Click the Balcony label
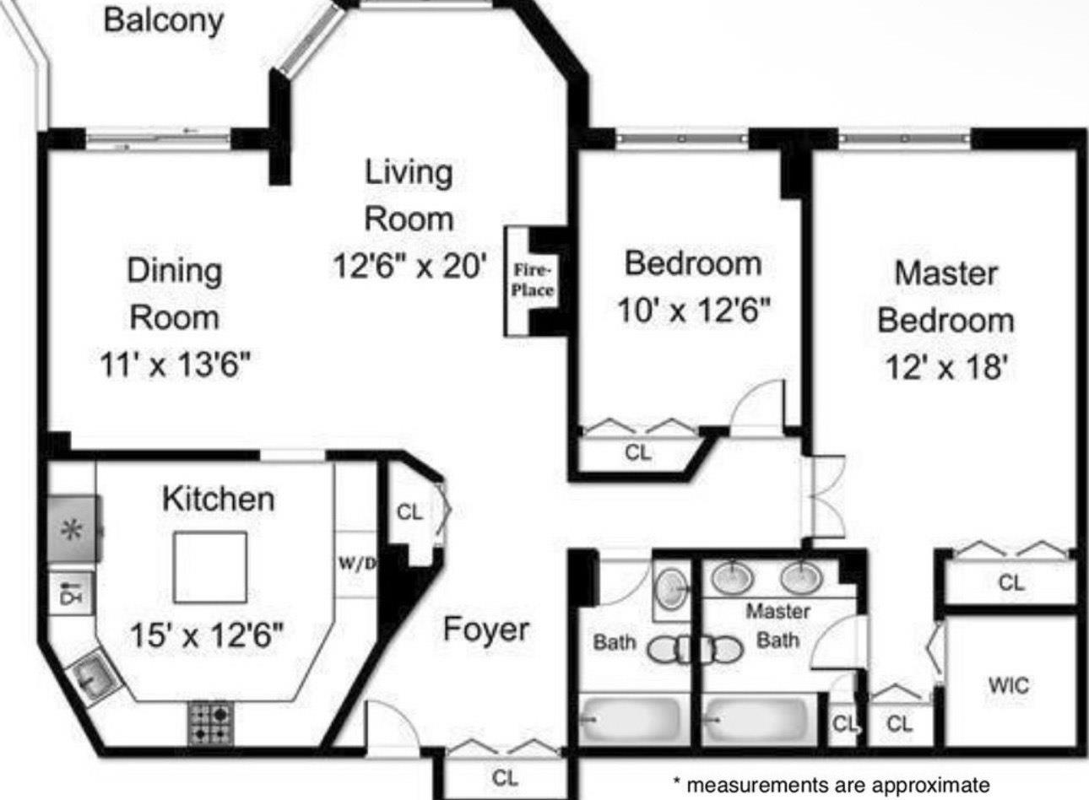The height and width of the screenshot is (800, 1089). tap(163, 19)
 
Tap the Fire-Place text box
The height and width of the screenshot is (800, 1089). tap(533, 280)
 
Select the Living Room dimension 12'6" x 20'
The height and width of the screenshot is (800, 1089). tap(409, 267)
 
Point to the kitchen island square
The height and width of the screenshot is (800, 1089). tap(210, 566)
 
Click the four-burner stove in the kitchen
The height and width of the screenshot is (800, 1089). tap(210, 723)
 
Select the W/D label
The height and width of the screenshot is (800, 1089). tap(356, 564)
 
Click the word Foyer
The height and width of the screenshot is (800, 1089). tap(486, 630)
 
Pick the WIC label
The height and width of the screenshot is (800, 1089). tap(1009, 684)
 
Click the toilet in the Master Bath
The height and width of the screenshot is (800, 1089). tap(723, 649)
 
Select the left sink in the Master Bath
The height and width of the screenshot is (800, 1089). tap(731, 578)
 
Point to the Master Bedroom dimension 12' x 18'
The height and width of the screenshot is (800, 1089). tap(945, 367)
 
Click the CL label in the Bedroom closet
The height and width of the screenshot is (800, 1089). tap(638, 453)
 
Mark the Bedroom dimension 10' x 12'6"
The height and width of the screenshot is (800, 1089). tap(693, 311)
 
